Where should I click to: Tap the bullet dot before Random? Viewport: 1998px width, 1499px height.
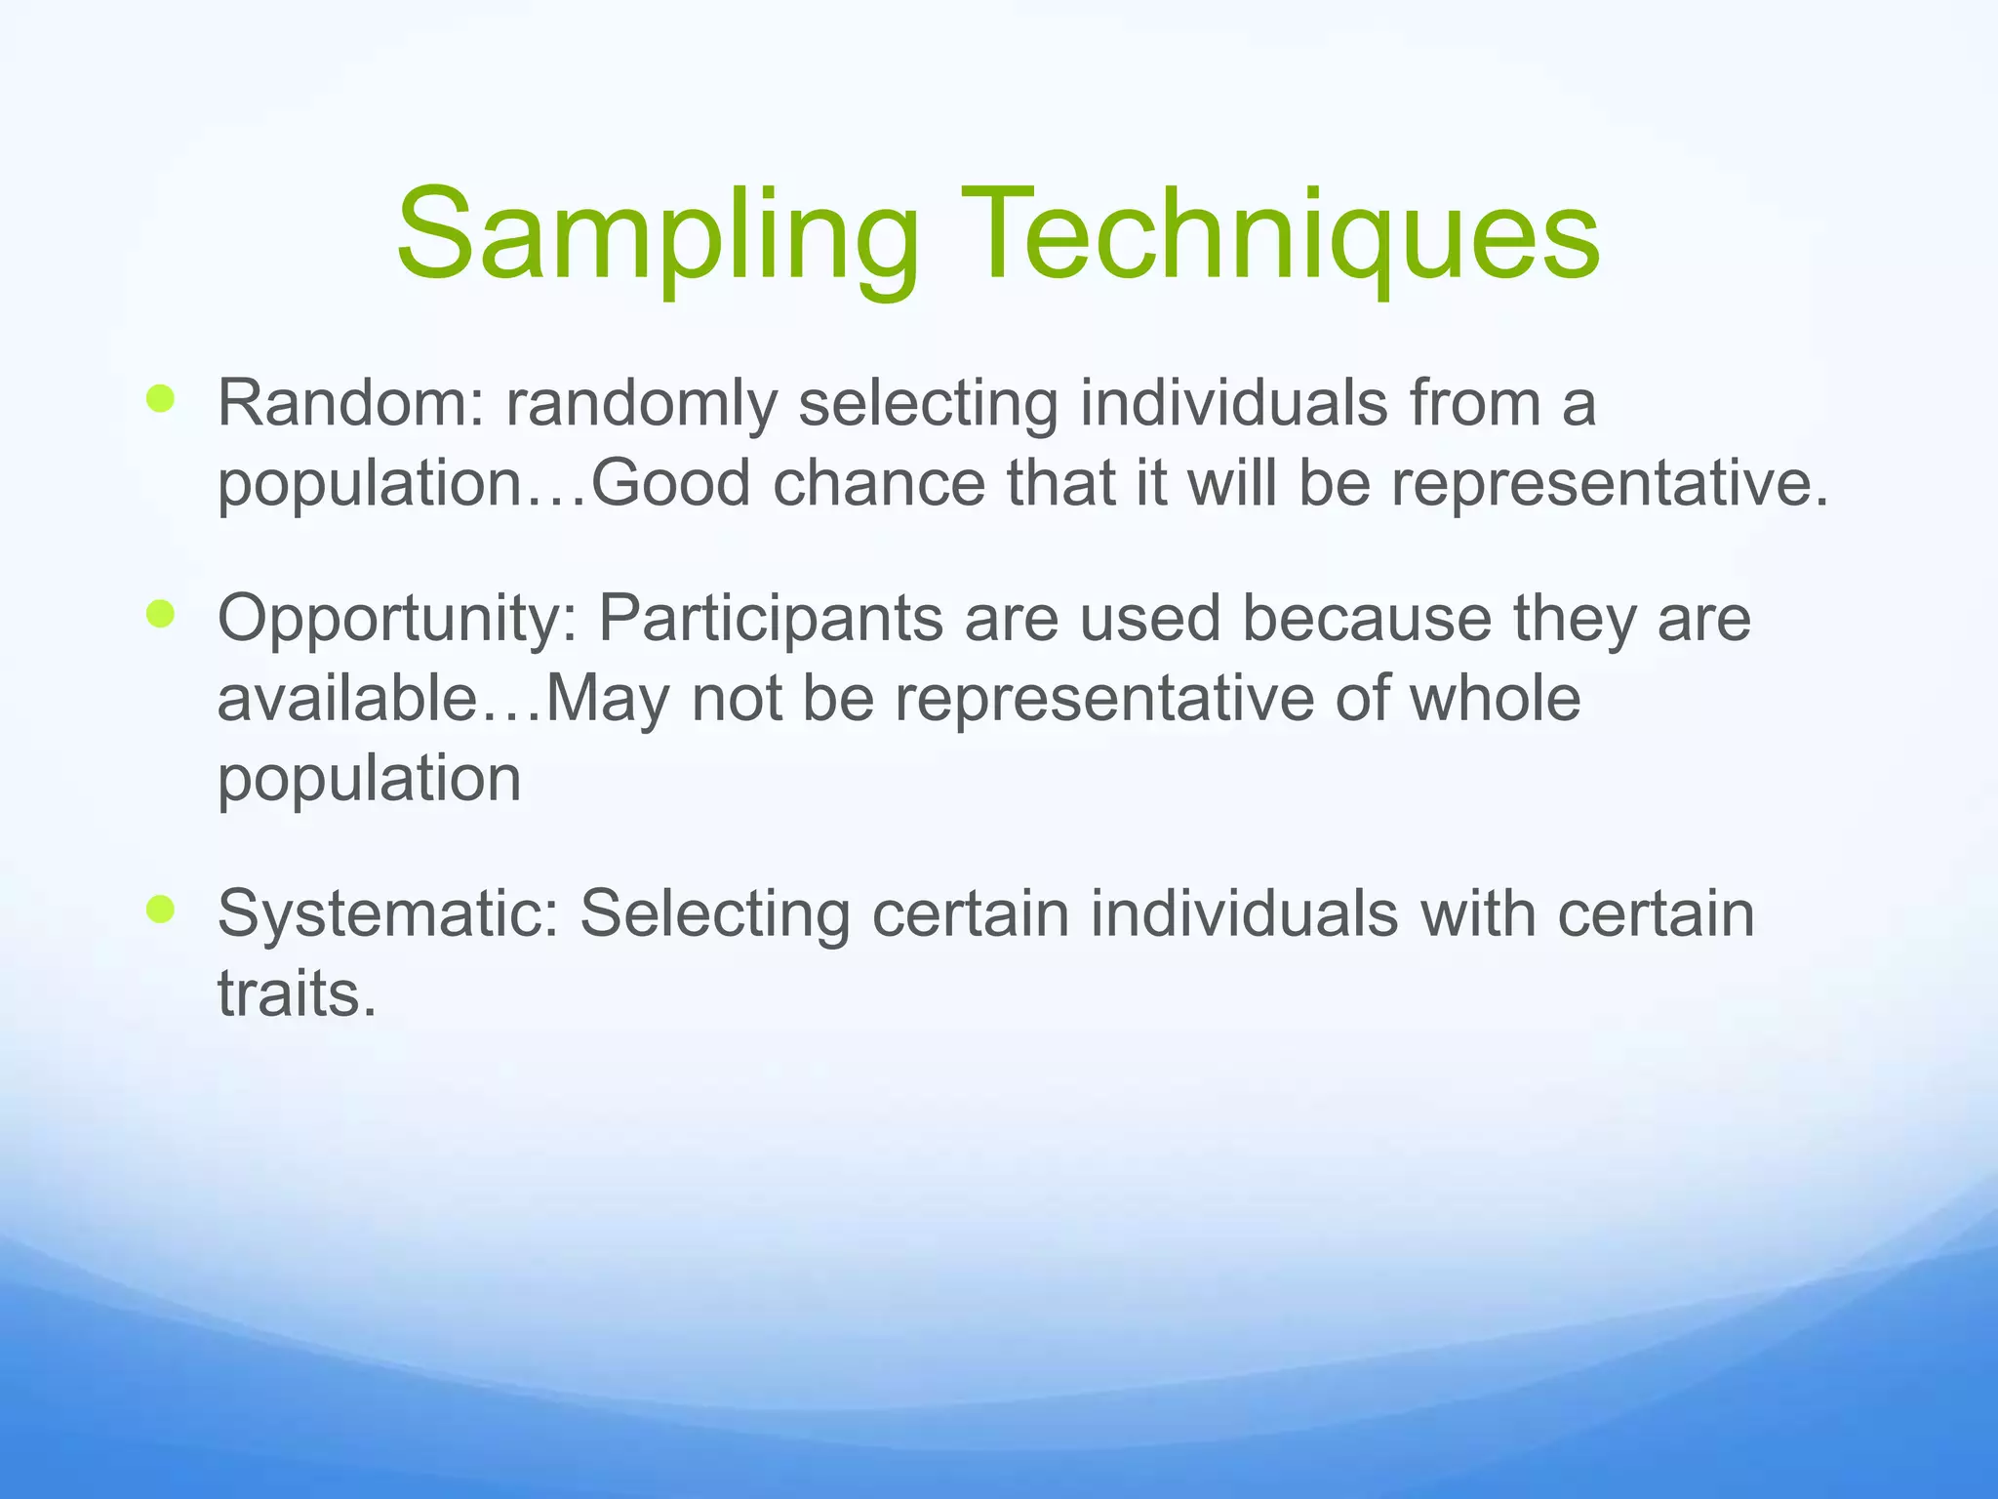pos(160,398)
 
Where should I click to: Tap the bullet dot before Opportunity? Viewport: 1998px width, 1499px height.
pos(160,615)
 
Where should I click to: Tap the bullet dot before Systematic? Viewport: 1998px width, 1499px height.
pos(160,911)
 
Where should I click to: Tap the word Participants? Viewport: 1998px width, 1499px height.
pos(771,619)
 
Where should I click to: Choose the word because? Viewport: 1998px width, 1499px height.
pos(1366,619)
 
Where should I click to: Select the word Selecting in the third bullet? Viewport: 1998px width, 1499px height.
pos(714,914)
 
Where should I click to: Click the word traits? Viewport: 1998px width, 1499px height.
pos(297,994)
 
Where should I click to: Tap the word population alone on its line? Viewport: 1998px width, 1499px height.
pos(369,779)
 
